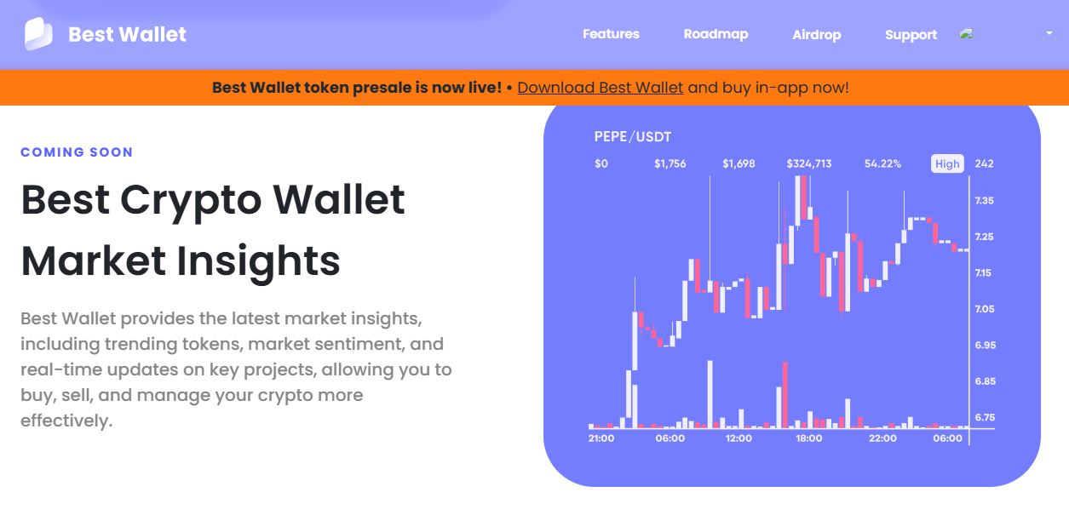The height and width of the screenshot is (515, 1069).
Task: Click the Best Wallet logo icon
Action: [x=38, y=34]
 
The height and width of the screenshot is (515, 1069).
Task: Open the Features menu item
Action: [x=611, y=34]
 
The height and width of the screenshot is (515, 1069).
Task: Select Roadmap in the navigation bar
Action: [x=716, y=34]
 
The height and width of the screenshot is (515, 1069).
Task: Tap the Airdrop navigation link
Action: [x=816, y=35]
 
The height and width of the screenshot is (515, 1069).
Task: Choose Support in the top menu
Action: [x=911, y=35]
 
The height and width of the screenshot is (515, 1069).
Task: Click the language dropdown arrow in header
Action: [x=1049, y=33]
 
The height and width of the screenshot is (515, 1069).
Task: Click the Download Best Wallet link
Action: [x=600, y=88]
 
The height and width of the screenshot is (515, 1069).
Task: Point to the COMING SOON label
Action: [x=77, y=152]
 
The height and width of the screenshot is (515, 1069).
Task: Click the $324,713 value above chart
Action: [x=808, y=163]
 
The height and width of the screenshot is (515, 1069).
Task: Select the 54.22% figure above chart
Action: [x=882, y=163]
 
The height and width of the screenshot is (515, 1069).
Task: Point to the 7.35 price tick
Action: [x=985, y=201]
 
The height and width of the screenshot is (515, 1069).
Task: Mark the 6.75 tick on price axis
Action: [x=985, y=418]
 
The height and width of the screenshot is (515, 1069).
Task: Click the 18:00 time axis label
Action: [x=808, y=438]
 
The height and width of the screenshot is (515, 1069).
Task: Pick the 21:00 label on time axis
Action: [x=601, y=438]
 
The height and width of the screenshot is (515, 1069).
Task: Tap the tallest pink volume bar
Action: [x=785, y=394]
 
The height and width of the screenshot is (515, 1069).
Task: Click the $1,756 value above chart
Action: [x=670, y=163]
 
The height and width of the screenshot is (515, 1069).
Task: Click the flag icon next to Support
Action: [x=966, y=34]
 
